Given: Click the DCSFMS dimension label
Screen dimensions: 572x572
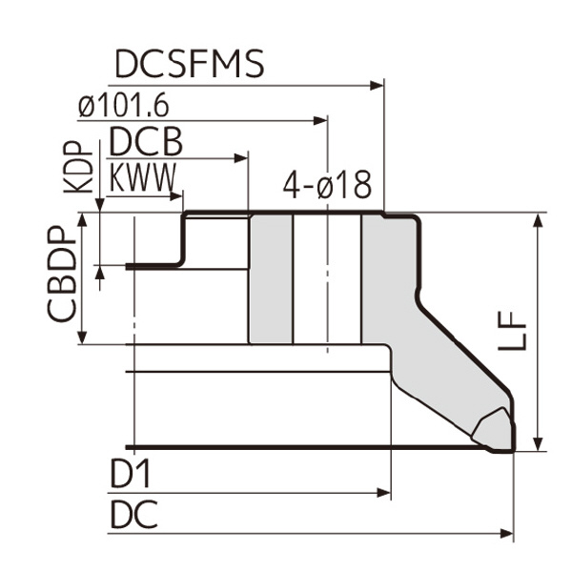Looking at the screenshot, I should point(189,65).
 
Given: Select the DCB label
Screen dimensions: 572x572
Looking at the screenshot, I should point(145,142).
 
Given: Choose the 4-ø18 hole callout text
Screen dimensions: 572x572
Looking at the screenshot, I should point(327,186).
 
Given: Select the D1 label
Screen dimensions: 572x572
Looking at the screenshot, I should point(131,474).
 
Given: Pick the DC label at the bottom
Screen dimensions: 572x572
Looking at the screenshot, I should point(133,516).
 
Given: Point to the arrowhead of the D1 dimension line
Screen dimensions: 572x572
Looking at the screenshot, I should point(385,493).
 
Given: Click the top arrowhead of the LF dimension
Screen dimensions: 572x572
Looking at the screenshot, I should point(540,220).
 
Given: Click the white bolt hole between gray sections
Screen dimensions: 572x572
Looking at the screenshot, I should point(326,278).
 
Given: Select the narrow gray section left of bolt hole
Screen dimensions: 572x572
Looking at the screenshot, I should point(271,278).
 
